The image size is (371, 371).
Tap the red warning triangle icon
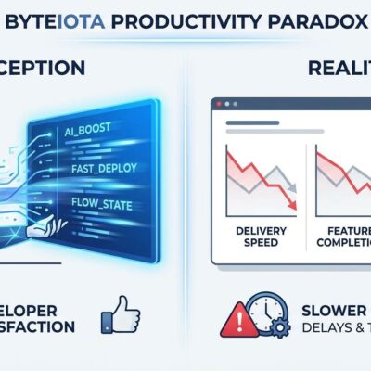[x=237, y=321]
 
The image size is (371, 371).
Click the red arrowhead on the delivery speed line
[x=293, y=206]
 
